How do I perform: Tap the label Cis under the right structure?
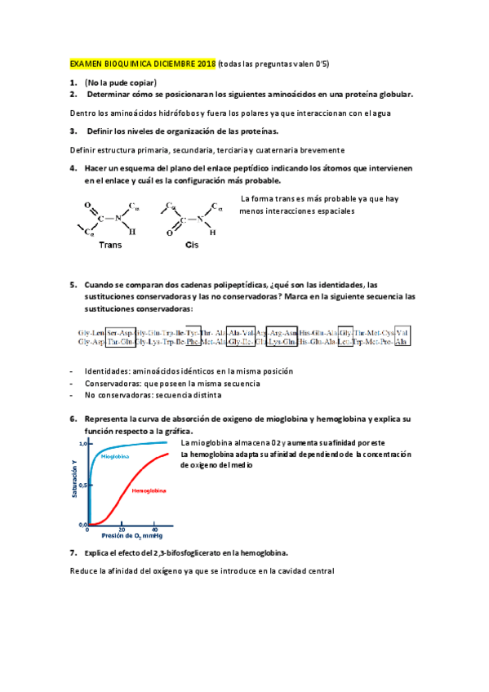193,244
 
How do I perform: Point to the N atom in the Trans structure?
118,218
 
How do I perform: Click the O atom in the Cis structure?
169,233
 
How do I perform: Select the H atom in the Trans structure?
132,232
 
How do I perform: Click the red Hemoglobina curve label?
149,491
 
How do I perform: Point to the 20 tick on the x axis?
122,530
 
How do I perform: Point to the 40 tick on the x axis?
155,530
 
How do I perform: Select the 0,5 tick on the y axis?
82,484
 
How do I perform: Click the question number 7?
73,552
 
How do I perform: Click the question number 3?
73,131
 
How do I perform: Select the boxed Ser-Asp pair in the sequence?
119,332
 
